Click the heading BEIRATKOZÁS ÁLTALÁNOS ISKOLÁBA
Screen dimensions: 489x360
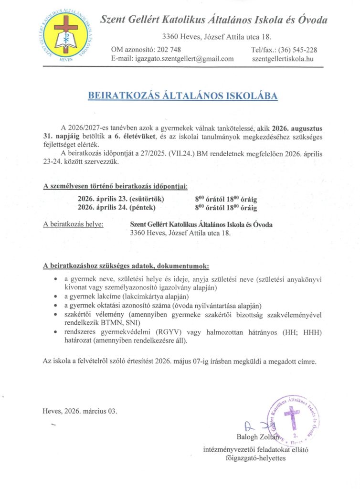click(183, 96)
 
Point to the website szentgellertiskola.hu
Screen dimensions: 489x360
click(283, 59)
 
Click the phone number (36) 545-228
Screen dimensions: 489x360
click(297, 50)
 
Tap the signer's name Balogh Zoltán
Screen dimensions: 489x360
click(257, 436)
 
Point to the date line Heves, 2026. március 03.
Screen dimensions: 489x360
click(79, 411)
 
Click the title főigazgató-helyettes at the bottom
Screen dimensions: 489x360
click(255, 458)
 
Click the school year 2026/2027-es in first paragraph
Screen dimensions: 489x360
click(88, 128)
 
